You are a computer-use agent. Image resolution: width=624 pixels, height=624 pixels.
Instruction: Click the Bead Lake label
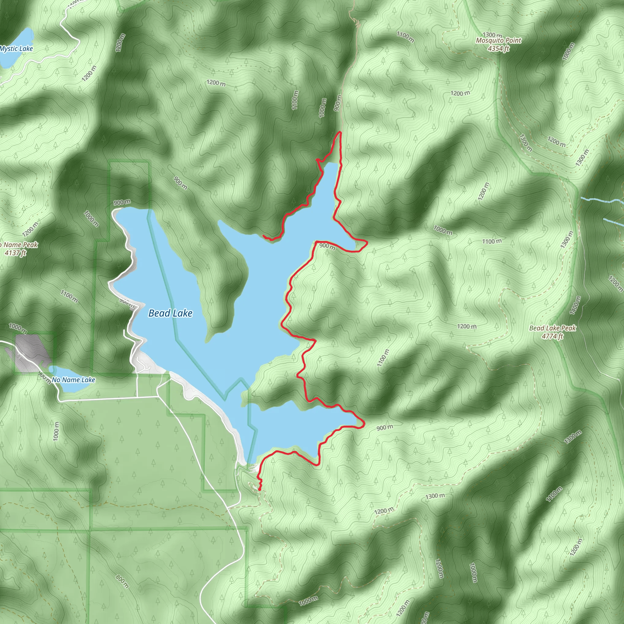pos(170,313)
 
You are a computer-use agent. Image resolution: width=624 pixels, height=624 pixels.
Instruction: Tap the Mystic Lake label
pos(16,49)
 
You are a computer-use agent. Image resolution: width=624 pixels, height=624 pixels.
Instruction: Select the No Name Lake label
pos(73,380)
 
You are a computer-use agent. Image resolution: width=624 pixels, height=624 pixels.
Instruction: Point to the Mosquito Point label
pos(498,41)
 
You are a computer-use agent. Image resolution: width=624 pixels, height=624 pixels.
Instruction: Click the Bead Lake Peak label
pos(553,328)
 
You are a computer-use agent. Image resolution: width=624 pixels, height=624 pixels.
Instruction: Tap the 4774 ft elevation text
pos(552,336)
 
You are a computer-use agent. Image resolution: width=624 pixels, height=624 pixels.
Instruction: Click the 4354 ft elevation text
pos(498,49)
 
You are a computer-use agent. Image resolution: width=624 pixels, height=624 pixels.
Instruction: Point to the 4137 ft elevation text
pos(15,253)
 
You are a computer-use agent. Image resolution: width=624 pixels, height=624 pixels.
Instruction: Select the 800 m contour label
pos(122,581)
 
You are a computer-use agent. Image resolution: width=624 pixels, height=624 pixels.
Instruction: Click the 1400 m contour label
pos(575,305)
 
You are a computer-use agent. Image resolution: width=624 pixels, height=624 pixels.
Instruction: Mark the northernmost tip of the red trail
pos(340,132)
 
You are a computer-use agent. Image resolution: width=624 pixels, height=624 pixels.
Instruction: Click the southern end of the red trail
pos(260,490)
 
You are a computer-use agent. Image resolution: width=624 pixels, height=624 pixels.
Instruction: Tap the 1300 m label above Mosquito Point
pos(493,34)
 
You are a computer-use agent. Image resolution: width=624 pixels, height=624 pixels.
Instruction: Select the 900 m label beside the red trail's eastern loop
pos(327,246)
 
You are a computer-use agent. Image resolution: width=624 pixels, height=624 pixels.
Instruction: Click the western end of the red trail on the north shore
pos(264,236)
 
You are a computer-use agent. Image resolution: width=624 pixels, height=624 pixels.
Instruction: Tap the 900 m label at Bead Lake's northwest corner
pos(122,203)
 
